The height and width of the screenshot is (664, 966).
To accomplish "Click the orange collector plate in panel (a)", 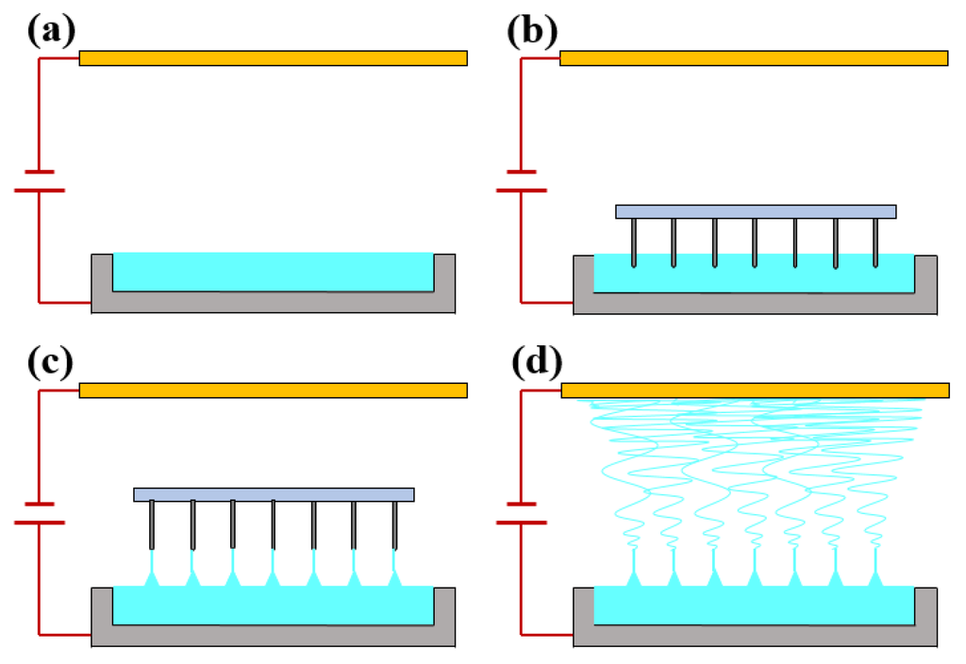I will pyautogui.click(x=273, y=58).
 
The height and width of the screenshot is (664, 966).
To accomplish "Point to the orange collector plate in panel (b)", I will pyautogui.click(x=754, y=58).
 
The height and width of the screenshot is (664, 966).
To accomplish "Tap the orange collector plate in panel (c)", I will pyautogui.click(x=273, y=390).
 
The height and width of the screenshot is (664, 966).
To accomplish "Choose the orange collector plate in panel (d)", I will pyautogui.click(x=755, y=390).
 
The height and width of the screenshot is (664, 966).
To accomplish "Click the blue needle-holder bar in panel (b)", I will pyautogui.click(x=756, y=211).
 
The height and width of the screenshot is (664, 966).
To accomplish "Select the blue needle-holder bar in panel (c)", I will pyautogui.click(x=274, y=494).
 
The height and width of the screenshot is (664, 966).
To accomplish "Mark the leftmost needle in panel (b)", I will pyautogui.click(x=633, y=242).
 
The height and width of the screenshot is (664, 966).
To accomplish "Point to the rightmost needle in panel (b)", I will pyautogui.click(x=876, y=242).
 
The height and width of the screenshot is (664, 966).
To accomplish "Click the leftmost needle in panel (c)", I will pyautogui.click(x=152, y=525).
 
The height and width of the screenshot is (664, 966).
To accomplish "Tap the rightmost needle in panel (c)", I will pyautogui.click(x=394, y=525).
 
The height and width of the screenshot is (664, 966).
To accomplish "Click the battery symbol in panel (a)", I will pyautogui.click(x=40, y=181).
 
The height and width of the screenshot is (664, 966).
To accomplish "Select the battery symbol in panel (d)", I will pyautogui.click(x=521, y=513).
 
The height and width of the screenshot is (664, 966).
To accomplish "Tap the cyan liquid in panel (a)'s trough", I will pyautogui.click(x=273, y=272).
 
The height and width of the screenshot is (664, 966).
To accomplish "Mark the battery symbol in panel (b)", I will pyautogui.click(x=521, y=181).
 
